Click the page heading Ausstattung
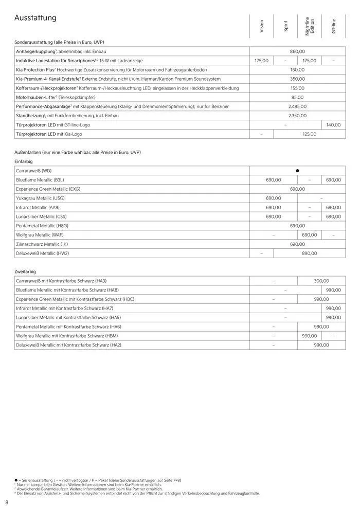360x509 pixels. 35,18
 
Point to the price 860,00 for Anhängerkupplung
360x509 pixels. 297,51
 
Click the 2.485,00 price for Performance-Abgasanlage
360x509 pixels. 297,106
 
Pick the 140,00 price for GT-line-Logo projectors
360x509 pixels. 333,125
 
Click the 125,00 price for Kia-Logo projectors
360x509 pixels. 309,134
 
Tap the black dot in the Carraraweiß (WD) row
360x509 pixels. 297,170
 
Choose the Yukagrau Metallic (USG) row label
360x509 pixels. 40,198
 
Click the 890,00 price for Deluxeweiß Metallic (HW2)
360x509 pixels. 309,253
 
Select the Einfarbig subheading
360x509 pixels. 25,161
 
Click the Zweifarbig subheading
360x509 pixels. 26,271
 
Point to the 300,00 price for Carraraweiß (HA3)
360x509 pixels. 321,281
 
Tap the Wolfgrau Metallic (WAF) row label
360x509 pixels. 40,235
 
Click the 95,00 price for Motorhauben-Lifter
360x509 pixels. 297,97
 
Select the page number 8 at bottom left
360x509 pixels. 6,502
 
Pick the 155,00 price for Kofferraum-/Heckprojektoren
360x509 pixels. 297,88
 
